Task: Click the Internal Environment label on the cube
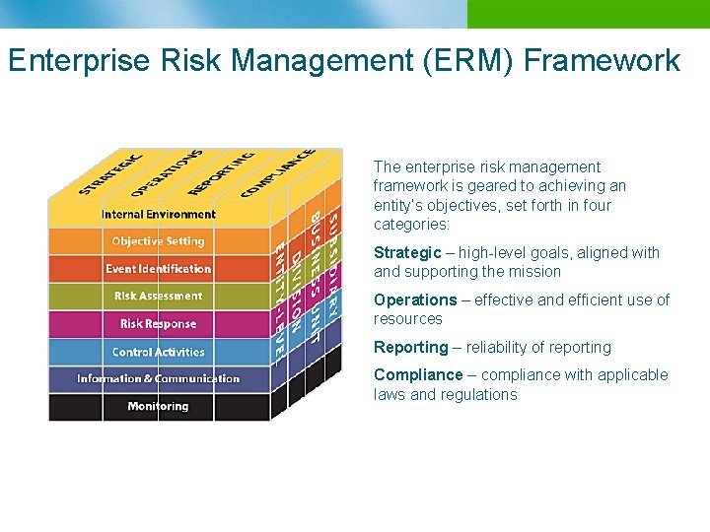coord(158,214)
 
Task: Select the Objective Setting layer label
coord(158,241)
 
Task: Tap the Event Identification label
coord(158,269)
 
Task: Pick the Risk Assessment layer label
coord(158,296)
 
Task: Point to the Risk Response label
coord(158,324)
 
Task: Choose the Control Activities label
coord(158,352)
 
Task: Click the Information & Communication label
coord(158,378)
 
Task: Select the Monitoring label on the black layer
coord(158,406)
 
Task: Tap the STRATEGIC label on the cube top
coord(109,172)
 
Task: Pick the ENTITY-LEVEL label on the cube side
coord(280,292)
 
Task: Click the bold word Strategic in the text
coord(407,253)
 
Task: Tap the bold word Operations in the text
coord(415,299)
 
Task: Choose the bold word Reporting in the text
coord(410,347)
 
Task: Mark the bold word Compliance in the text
coord(417,374)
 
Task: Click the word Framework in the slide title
coord(603,60)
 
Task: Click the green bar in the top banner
coord(588,14)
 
